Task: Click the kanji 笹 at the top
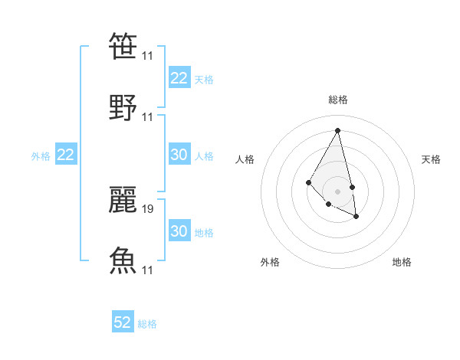123,47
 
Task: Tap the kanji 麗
123,198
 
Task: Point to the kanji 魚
123,260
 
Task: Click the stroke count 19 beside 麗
148,208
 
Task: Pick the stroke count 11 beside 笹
148,56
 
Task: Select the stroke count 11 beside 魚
148,270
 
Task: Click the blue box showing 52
123,322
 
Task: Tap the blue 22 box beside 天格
179,78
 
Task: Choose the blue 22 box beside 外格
66,155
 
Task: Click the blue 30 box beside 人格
179,155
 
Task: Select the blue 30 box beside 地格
179,231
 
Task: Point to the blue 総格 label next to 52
147,324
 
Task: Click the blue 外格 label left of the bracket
41,156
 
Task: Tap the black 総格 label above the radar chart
338,100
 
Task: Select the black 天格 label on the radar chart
431,159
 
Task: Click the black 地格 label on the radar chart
402,262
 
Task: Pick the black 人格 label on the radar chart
245,159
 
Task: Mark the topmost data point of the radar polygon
338,130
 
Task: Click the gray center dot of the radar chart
337,191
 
